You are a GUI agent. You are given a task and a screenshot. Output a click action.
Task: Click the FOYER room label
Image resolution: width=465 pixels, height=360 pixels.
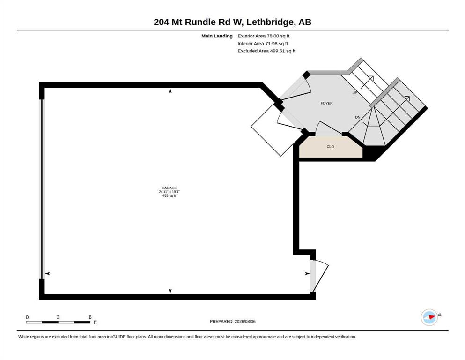click(x=326, y=103)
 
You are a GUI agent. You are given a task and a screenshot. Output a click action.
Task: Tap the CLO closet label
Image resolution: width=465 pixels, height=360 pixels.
click(x=330, y=147)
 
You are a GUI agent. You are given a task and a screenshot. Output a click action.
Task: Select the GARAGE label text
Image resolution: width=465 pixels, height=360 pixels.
click(x=169, y=188)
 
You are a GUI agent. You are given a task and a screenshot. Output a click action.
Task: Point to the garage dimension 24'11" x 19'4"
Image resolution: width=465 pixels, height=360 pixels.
click(x=169, y=192)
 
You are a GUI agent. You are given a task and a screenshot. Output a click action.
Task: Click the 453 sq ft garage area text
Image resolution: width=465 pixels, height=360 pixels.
click(x=169, y=195)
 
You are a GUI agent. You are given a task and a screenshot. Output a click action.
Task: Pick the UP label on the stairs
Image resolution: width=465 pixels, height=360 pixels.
click(x=354, y=93)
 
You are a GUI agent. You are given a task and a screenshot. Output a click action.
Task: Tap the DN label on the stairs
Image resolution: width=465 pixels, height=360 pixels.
click(x=358, y=117)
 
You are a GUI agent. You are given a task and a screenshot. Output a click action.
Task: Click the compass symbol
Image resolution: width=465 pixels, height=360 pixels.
click(x=429, y=317)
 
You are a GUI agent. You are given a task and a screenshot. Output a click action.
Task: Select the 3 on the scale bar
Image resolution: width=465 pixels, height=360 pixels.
click(x=58, y=317)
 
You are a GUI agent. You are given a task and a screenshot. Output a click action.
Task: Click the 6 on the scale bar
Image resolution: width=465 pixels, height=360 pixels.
click(x=90, y=317)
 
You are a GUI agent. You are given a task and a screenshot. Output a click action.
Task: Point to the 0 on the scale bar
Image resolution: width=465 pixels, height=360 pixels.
click(x=27, y=317)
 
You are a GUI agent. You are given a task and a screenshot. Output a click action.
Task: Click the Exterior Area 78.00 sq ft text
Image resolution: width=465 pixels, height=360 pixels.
click(x=263, y=36)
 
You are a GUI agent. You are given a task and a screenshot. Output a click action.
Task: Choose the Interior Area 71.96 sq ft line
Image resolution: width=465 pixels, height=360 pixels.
click(x=262, y=43)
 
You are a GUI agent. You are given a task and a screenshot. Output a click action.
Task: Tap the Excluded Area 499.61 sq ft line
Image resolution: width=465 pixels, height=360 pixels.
click(x=266, y=51)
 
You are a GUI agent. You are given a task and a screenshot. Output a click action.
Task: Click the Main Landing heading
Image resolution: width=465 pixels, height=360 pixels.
click(x=217, y=36)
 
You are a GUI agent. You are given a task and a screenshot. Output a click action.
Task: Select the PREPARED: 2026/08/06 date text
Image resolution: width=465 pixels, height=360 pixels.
click(x=232, y=321)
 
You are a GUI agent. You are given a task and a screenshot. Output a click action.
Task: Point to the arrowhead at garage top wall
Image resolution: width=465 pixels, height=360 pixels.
click(x=170, y=90)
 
